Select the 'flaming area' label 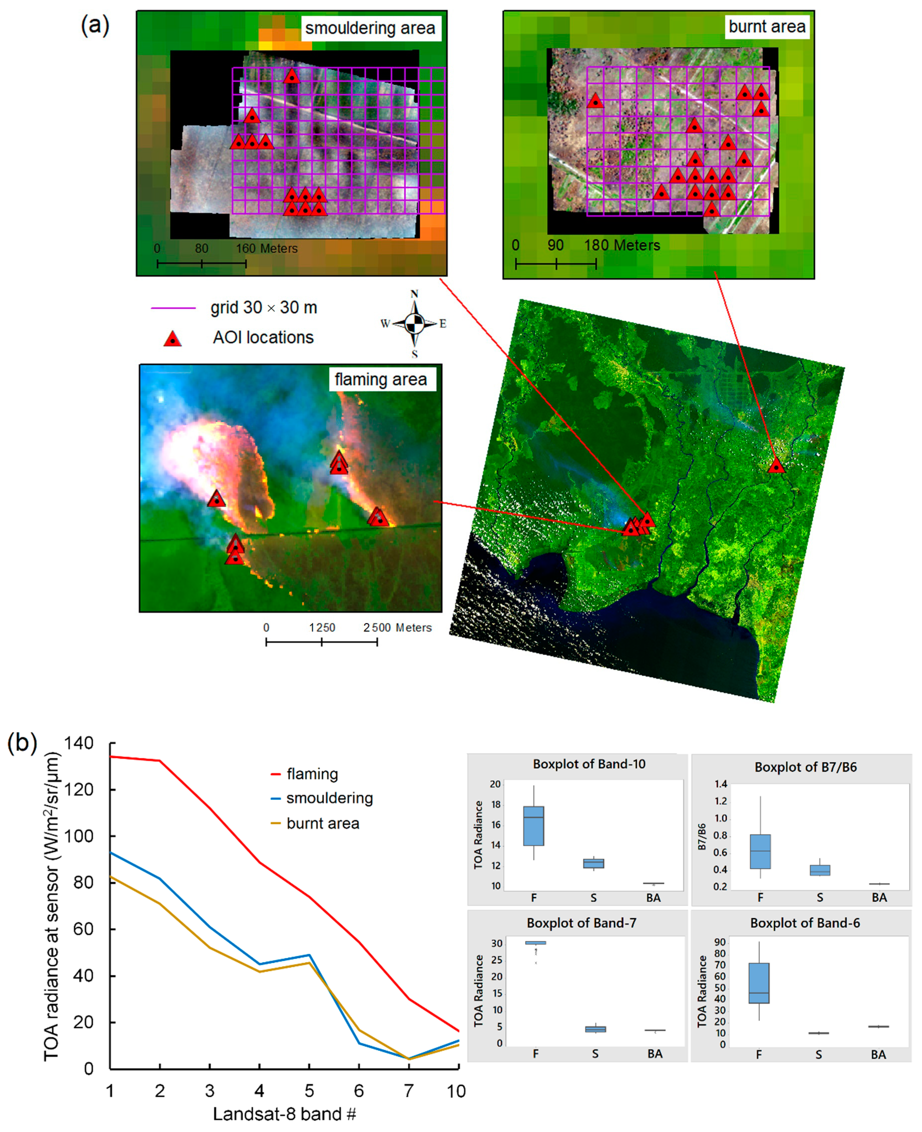[x=381, y=380]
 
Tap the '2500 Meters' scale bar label [x=397, y=628]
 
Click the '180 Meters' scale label [x=622, y=245]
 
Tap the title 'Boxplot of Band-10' [x=589, y=764]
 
